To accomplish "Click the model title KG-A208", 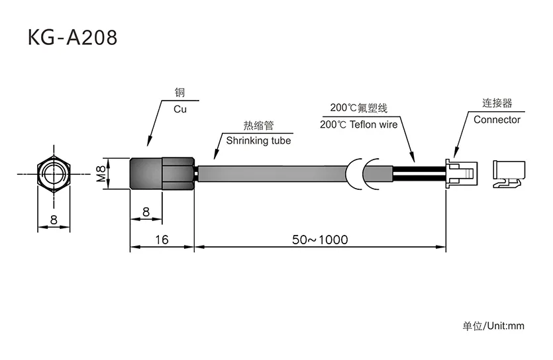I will click(72, 37).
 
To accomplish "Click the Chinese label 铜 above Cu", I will click(180, 94).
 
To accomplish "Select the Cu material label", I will click(180, 109).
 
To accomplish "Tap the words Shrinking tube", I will click(258, 140).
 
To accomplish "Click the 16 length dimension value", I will click(161, 240).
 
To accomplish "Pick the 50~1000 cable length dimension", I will click(320, 240).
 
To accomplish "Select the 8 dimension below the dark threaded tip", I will click(145, 212).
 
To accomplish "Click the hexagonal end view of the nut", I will click(54, 174).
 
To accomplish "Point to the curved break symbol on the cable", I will click(364, 174).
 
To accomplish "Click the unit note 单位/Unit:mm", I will click(493, 326).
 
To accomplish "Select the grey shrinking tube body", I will click(272, 174).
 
